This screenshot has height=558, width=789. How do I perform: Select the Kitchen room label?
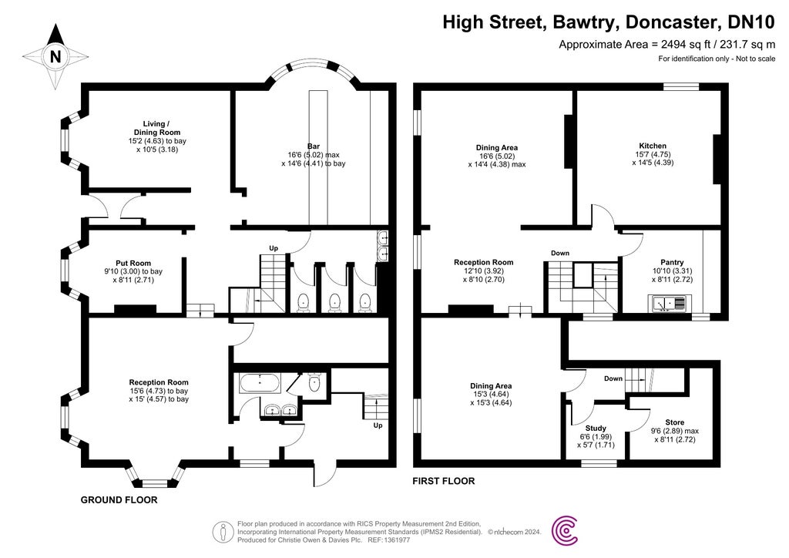coord(653,146)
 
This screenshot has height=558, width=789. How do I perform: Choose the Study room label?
coord(596,428)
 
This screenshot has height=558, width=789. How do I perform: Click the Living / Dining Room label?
coord(156,127)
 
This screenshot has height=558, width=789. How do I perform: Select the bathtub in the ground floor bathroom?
coord(260,382)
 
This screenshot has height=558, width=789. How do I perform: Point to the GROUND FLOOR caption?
coord(119,500)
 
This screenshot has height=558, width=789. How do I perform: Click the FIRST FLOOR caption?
coord(444,481)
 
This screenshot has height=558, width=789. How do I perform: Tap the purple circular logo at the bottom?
coord(569,529)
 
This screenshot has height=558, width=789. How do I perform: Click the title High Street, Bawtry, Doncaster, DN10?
coord(608,22)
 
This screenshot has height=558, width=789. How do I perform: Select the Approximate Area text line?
coord(666,45)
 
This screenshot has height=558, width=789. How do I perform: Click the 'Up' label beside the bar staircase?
coord(273,248)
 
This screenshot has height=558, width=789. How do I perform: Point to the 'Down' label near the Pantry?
coord(560,254)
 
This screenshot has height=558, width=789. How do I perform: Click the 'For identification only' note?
coord(716,59)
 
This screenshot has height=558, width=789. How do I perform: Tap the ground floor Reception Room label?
coord(159,382)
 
